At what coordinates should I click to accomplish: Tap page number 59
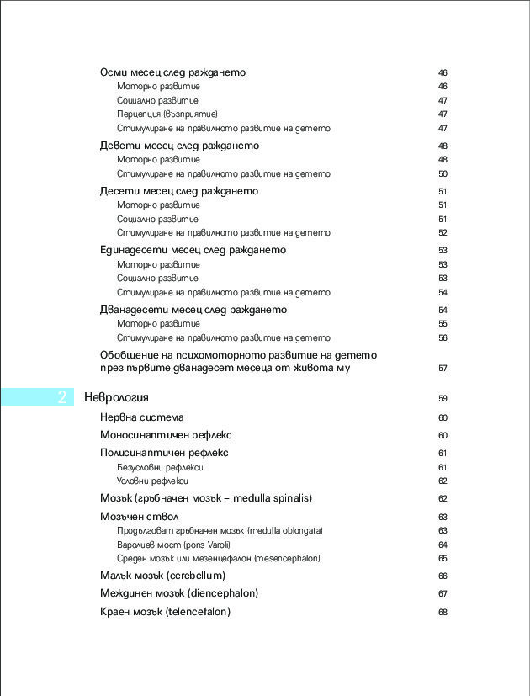click(443, 398)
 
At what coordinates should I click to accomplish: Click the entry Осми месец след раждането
click(172, 72)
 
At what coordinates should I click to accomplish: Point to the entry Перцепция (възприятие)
click(167, 114)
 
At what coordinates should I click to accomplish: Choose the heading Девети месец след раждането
click(179, 146)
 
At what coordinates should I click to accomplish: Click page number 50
click(443, 174)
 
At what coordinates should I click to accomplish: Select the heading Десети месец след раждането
click(179, 191)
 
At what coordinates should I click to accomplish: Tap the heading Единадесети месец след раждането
click(193, 250)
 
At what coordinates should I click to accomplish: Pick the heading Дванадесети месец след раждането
click(193, 310)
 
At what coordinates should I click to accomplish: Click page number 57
click(443, 369)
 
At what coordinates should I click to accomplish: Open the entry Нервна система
click(141, 417)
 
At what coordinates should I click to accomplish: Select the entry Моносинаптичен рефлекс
click(166, 435)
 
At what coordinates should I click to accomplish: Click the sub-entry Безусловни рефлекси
click(161, 467)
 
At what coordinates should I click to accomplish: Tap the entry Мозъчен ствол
click(139, 516)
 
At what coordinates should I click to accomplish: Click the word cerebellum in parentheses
click(196, 576)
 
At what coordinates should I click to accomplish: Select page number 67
click(443, 594)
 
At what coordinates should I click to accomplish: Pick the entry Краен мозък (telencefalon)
click(165, 612)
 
